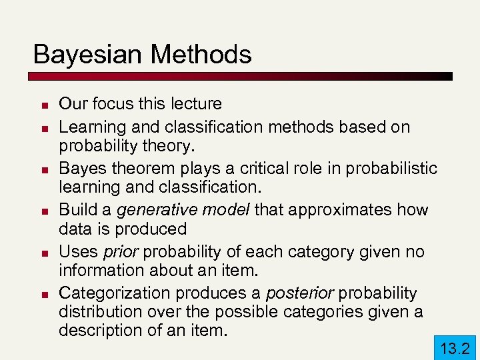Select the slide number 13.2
(455, 348)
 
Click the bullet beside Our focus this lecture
(41, 105)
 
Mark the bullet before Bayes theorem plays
(41, 170)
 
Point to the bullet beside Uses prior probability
(41, 253)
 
